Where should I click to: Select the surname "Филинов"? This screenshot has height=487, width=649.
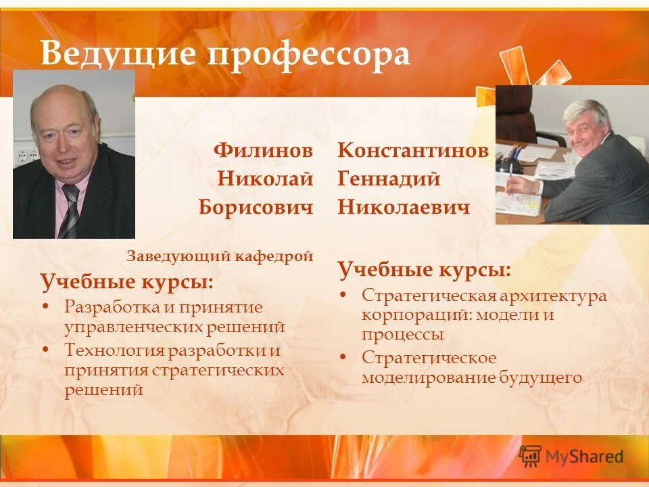pos(263,150)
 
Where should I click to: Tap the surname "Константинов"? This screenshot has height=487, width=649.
pos(413,150)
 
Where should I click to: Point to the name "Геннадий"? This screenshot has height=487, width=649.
pos(389,179)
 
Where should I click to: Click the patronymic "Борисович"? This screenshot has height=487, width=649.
pos(256,206)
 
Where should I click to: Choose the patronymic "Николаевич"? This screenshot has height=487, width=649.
pos(404,206)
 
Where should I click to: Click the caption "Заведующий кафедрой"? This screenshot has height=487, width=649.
pos(220,256)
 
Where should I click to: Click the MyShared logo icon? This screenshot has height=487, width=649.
pos(531,456)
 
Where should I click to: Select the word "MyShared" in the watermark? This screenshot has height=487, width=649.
pos(584,457)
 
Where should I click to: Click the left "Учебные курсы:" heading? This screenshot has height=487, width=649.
pos(126,281)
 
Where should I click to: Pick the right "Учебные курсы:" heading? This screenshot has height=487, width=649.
pos(424,271)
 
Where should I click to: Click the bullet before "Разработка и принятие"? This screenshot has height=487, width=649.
pos(46,307)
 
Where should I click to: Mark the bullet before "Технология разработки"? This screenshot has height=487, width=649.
pos(46,350)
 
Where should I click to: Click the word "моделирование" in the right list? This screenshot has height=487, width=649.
pos(429,377)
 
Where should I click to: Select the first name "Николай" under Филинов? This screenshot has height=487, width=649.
pos(266,179)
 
